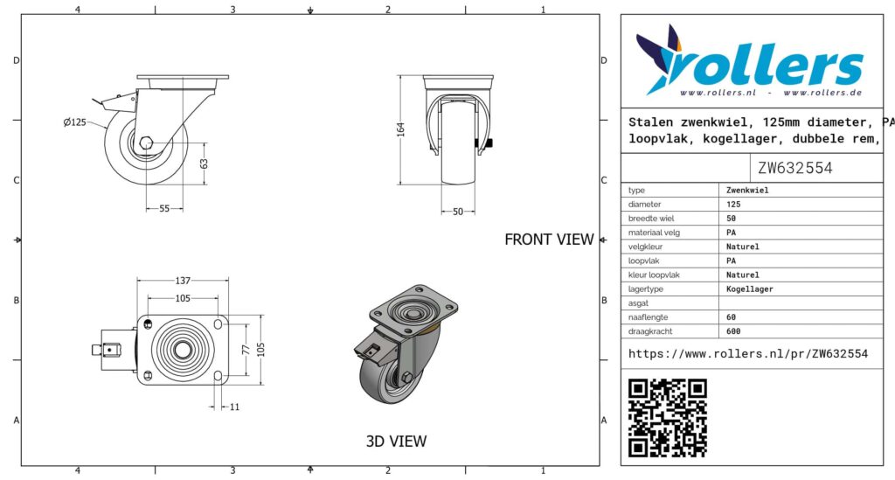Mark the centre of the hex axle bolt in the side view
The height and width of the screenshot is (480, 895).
(x=146, y=143)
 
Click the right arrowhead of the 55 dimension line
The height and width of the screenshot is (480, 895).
(x=181, y=208)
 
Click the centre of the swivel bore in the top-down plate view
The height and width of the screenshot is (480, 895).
(x=183, y=350)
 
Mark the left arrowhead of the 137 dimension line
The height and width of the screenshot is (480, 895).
(x=140, y=281)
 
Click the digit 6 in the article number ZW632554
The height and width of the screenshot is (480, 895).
(x=784, y=168)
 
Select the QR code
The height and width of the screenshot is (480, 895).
(x=667, y=417)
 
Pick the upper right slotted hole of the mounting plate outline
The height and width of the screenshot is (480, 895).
(x=218, y=324)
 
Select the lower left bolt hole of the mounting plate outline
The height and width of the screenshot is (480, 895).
(x=149, y=375)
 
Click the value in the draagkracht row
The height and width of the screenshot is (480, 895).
(x=733, y=331)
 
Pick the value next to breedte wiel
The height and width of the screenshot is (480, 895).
(x=732, y=218)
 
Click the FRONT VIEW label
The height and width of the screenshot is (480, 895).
(x=549, y=240)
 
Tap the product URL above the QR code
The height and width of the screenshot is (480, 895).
(x=748, y=354)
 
